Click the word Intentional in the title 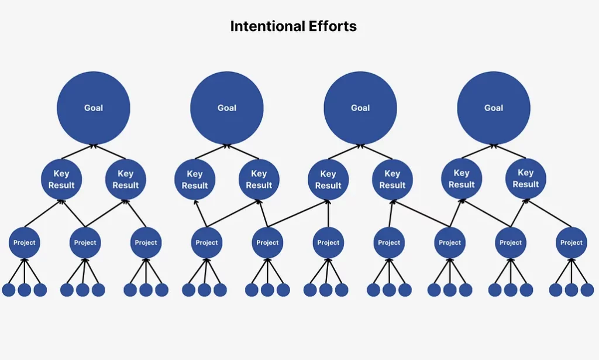coord(267,26)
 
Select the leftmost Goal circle coord(94,108)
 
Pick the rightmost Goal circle coord(494,108)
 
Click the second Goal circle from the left coord(227,108)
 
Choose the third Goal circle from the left coord(360,108)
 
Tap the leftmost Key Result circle coord(61,179)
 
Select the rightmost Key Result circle coord(526,179)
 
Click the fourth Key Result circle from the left coord(259,179)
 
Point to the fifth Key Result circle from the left coord(328,180)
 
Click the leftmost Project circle coord(25,243)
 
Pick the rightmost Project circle coord(572,243)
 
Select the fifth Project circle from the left coord(267,243)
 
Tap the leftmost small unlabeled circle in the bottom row coord(9,290)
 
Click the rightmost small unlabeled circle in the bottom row coord(587,290)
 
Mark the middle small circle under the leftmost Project coord(25,290)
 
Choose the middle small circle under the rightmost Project coord(572,290)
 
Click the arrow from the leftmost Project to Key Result coord(43,213)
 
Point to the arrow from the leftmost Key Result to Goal coord(78,152)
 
